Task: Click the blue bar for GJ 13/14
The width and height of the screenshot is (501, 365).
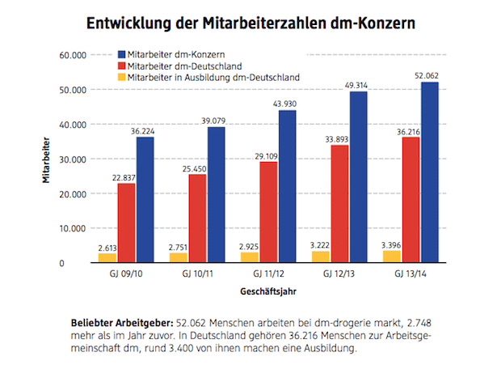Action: coord(429,172)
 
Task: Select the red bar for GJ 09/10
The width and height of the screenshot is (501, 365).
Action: coord(127,223)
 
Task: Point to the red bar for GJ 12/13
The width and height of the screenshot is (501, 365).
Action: coord(339,203)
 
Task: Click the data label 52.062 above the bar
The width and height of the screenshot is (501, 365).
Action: coord(428,76)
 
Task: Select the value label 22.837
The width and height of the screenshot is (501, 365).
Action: coord(127,177)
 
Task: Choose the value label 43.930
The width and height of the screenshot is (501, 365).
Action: coord(287,104)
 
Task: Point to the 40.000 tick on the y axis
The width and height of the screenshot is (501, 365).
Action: coord(71,125)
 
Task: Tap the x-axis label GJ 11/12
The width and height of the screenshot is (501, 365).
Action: coord(267,274)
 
